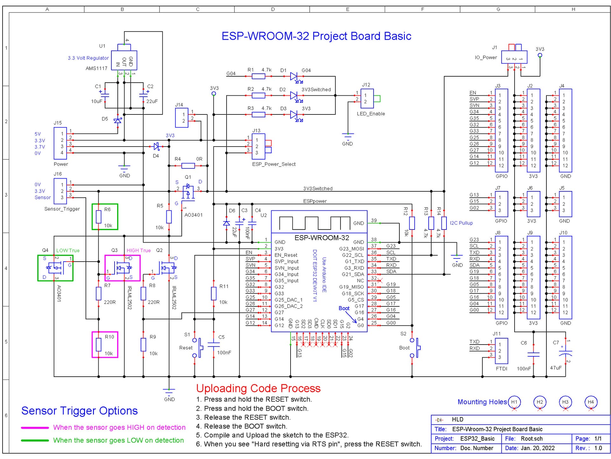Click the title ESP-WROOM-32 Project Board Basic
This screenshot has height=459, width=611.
(x=316, y=36)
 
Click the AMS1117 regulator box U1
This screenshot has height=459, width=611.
(x=124, y=60)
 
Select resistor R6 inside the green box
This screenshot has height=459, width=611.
(x=99, y=217)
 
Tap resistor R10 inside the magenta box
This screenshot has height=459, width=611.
(x=99, y=345)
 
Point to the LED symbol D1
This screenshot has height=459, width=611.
(x=294, y=76)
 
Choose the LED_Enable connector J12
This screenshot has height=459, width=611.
(x=367, y=99)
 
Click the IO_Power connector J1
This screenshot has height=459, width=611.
(x=514, y=58)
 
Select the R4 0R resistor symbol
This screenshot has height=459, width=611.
(x=188, y=166)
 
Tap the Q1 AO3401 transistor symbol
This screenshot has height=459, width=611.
(x=188, y=191)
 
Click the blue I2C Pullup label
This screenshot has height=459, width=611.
(x=461, y=223)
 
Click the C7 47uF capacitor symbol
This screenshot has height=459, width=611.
(x=565, y=353)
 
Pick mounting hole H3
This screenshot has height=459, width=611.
(x=565, y=402)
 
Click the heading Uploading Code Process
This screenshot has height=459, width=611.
(x=258, y=388)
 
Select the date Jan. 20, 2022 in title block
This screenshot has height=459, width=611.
(x=537, y=448)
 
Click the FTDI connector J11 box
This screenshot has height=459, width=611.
(x=501, y=351)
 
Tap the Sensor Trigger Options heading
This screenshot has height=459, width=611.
(x=80, y=411)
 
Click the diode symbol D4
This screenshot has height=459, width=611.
(x=156, y=147)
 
